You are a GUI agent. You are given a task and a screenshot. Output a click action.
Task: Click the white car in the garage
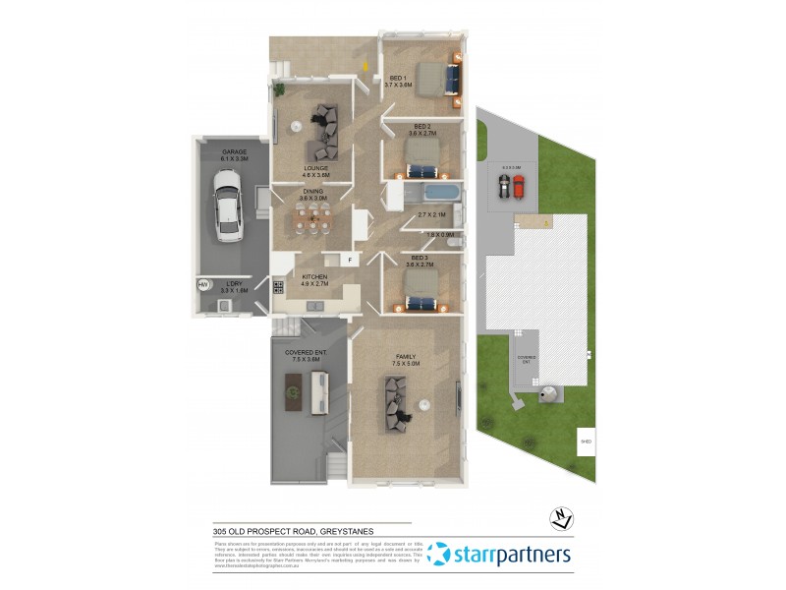(228, 206)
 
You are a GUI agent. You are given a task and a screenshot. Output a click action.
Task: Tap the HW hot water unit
(204, 285)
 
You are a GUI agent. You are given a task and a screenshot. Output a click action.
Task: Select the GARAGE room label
(234, 152)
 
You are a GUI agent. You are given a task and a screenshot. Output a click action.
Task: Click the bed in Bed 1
(437, 79)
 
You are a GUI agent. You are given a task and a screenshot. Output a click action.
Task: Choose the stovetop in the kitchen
(279, 288)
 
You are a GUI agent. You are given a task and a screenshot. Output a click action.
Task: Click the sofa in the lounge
(324, 132)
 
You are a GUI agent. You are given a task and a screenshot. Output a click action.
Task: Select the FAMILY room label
(406, 357)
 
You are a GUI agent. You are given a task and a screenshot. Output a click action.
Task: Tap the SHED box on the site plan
(586, 442)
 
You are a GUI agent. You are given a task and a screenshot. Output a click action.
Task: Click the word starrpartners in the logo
(511, 556)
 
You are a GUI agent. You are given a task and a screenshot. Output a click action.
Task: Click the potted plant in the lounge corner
(279, 90)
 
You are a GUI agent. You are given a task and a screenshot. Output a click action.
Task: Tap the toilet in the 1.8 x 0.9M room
(455, 239)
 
